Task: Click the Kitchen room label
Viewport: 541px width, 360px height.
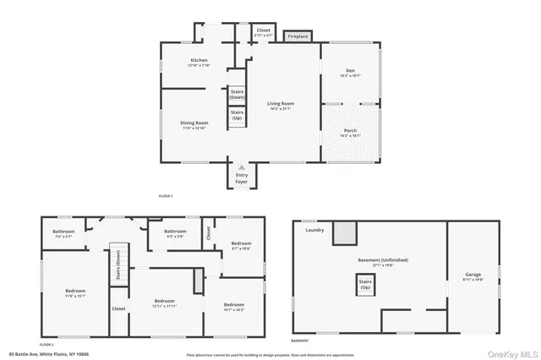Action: [199, 62]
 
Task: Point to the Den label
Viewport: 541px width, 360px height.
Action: [350, 72]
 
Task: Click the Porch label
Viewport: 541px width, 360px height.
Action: [350, 133]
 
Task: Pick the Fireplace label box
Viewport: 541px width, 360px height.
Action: [298, 36]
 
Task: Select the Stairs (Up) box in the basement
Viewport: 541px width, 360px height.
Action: [366, 284]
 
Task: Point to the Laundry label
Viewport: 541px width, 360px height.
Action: [315, 230]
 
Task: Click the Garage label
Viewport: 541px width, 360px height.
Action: [473, 278]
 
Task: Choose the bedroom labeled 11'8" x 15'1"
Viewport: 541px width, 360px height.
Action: [76, 293]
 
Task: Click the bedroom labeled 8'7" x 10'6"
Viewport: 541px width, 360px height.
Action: [241, 245]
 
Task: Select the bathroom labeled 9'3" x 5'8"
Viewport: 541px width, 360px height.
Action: [175, 232]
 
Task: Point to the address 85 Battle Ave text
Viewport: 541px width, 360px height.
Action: [38, 353]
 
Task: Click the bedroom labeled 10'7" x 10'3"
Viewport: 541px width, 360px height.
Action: [233, 307]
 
